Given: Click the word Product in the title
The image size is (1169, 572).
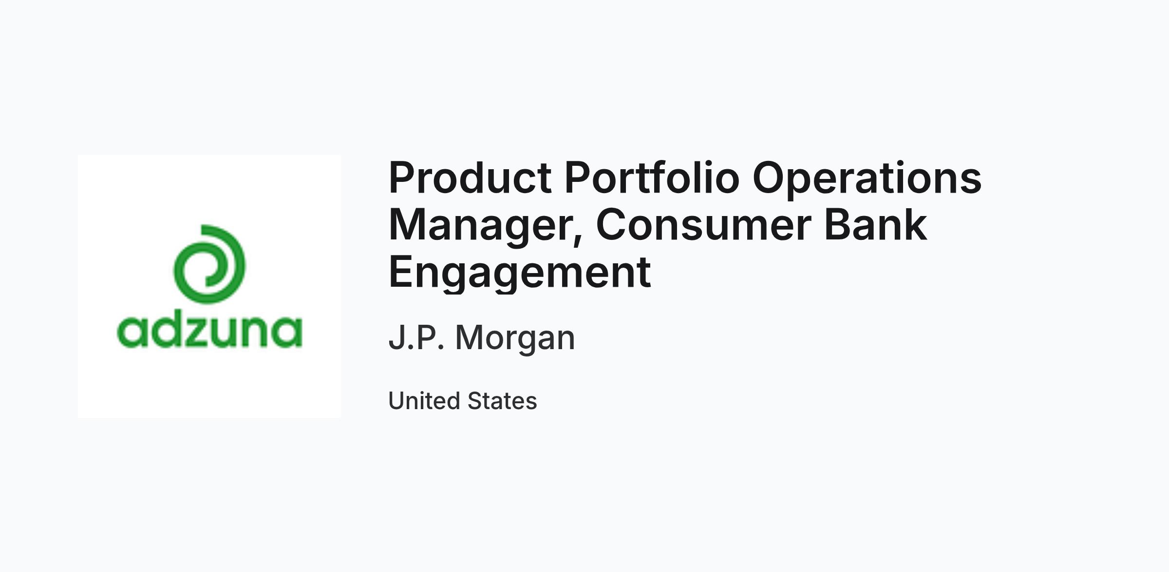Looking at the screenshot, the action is [x=470, y=178].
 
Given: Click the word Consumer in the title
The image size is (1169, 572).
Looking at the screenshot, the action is [x=704, y=225].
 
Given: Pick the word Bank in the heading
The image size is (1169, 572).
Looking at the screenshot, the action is [x=875, y=224].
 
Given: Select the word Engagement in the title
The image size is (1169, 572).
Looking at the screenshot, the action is [x=520, y=273].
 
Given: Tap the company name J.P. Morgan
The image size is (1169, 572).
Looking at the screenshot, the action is [x=482, y=338].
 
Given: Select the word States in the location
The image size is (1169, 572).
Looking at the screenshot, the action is [x=502, y=401].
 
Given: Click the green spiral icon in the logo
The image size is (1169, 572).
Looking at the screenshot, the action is [x=209, y=264].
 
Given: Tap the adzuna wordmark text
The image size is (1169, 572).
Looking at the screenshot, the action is [x=209, y=332].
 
